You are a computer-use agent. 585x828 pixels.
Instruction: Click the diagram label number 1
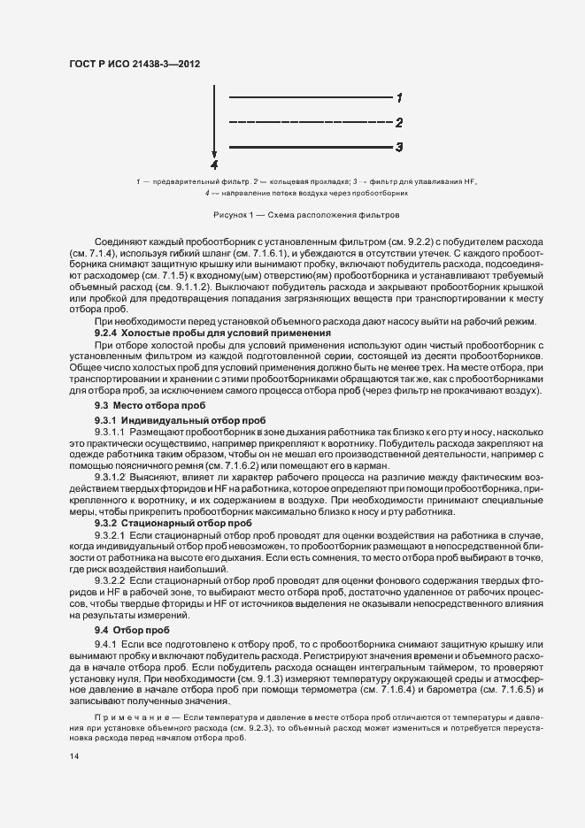(x=399, y=97)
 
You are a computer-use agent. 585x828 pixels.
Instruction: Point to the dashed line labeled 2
(x=310, y=122)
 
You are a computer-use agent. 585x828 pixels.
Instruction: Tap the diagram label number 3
(x=399, y=147)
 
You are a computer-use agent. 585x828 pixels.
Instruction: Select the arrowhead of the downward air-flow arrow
(x=214, y=154)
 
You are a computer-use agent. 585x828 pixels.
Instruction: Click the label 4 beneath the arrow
(x=214, y=165)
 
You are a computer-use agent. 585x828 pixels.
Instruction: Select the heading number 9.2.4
(x=107, y=333)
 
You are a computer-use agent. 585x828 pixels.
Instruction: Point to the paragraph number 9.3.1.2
(x=112, y=476)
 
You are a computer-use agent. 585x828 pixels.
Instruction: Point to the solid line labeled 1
(x=310, y=97)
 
